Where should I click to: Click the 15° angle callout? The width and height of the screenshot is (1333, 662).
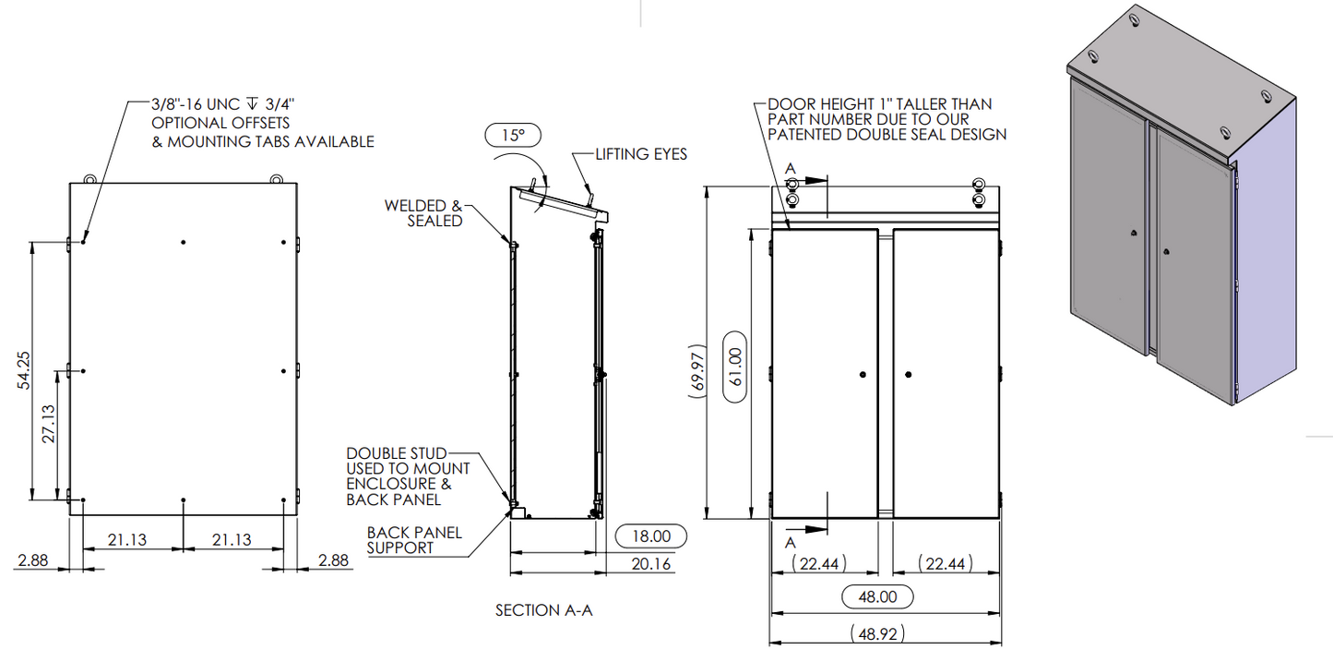[513, 135]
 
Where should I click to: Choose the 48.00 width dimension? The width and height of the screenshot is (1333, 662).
[877, 596]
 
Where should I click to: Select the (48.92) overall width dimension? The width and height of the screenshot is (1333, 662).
[877, 634]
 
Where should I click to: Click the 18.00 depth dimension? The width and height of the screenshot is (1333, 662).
[651, 536]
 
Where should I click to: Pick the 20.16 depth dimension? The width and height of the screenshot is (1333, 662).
[651, 564]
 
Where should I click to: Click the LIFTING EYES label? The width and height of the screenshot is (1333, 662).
[641, 154]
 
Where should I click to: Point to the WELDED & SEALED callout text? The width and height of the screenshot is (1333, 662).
[423, 213]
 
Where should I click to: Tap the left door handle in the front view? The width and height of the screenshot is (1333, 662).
[862, 375]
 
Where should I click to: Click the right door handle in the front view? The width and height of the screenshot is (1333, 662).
[909, 375]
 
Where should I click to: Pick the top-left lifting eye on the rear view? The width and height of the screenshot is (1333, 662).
[89, 178]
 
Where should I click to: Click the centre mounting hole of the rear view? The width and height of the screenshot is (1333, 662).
[184, 371]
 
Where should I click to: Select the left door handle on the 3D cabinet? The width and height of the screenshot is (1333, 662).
[1134, 235]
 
